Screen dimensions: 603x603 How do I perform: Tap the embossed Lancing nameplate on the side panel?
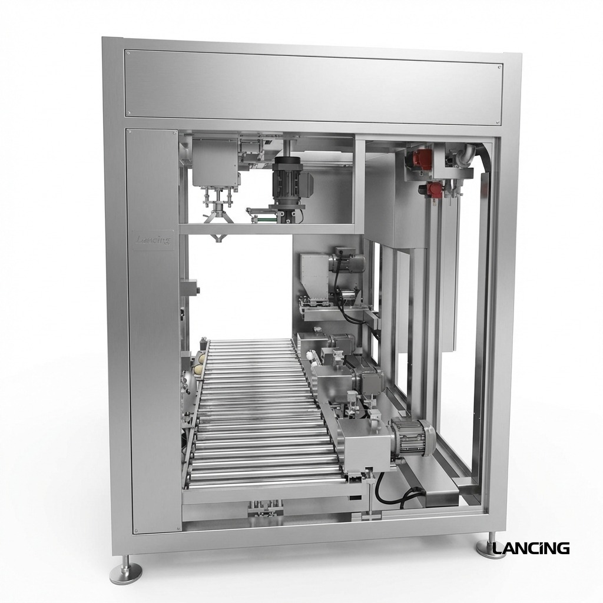click(x=153, y=240)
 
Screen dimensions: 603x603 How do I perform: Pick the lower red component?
click(x=434, y=190)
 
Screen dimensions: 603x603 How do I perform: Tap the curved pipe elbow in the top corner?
click(x=468, y=154)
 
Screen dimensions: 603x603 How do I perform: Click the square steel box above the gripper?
click(x=215, y=163)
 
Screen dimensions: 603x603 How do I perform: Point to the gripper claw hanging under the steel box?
click(x=218, y=217)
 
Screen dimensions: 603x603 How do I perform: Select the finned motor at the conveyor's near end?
click(x=413, y=438)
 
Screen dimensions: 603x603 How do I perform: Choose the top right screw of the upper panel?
click(x=499, y=68)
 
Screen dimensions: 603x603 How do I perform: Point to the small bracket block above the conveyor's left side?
click(x=190, y=289)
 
